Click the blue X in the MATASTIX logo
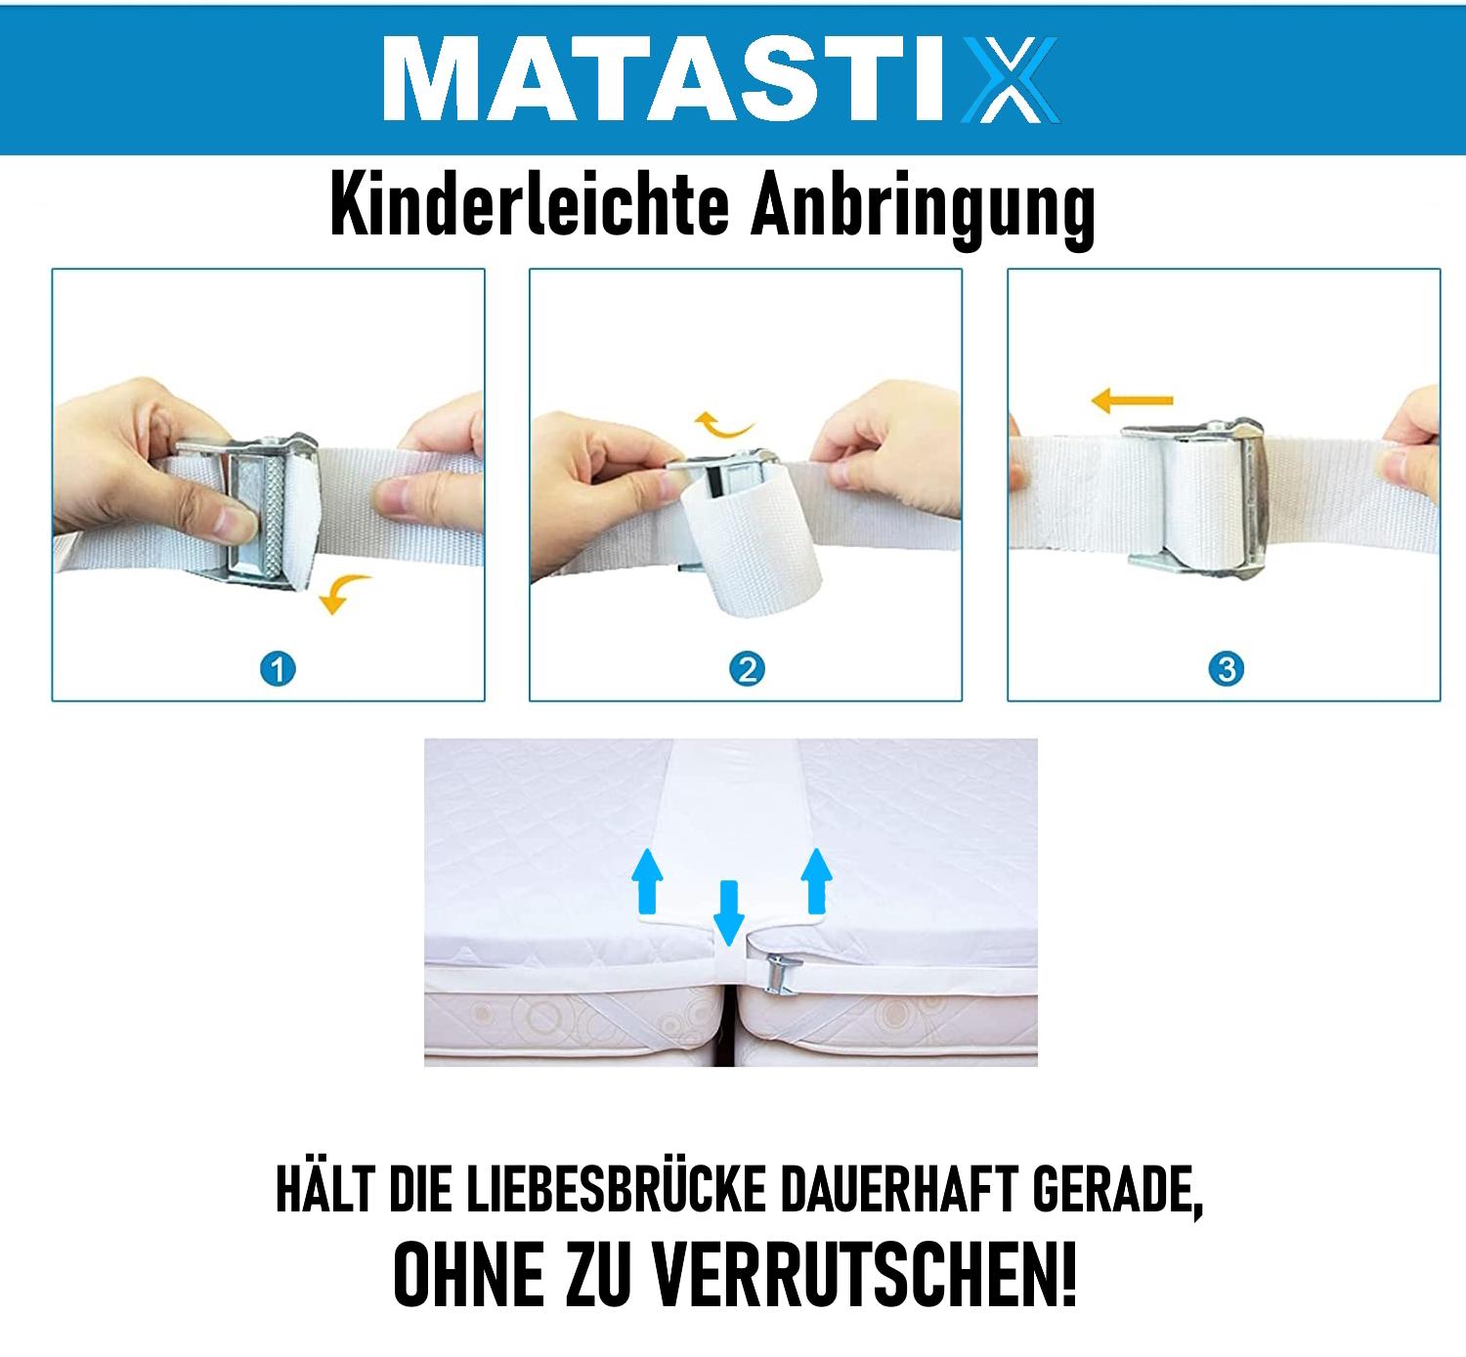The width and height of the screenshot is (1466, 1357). pyautogui.click(x=1011, y=79)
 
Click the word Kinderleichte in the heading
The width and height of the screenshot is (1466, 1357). pyautogui.click(x=530, y=203)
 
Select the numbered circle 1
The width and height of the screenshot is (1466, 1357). pyautogui.click(x=278, y=669)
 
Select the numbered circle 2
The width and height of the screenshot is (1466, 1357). pyautogui.click(x=747, y=669)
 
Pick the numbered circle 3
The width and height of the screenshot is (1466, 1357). pyautogui.click(x=1227, y=669)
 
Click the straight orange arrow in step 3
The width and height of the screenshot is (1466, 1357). pyautogui.click(x=1132, y=401)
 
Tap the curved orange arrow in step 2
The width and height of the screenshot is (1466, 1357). pyautogui.click(x=722, y=424)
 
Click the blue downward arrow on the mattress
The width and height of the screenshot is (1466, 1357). pyautogui.click(x=728, y=912)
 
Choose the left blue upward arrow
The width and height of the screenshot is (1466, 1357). pyautogui.click(x=647, y=881)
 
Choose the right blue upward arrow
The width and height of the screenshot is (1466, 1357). pyautogui.click(x=816, y=881)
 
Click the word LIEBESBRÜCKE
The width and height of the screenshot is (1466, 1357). pyautogui.click(x=617, y=1190)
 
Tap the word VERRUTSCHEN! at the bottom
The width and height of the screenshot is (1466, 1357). pyautogui.click(x=864, y=1275)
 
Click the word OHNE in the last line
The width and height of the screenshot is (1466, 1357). pyautogui.click(x=469, y=1275)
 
